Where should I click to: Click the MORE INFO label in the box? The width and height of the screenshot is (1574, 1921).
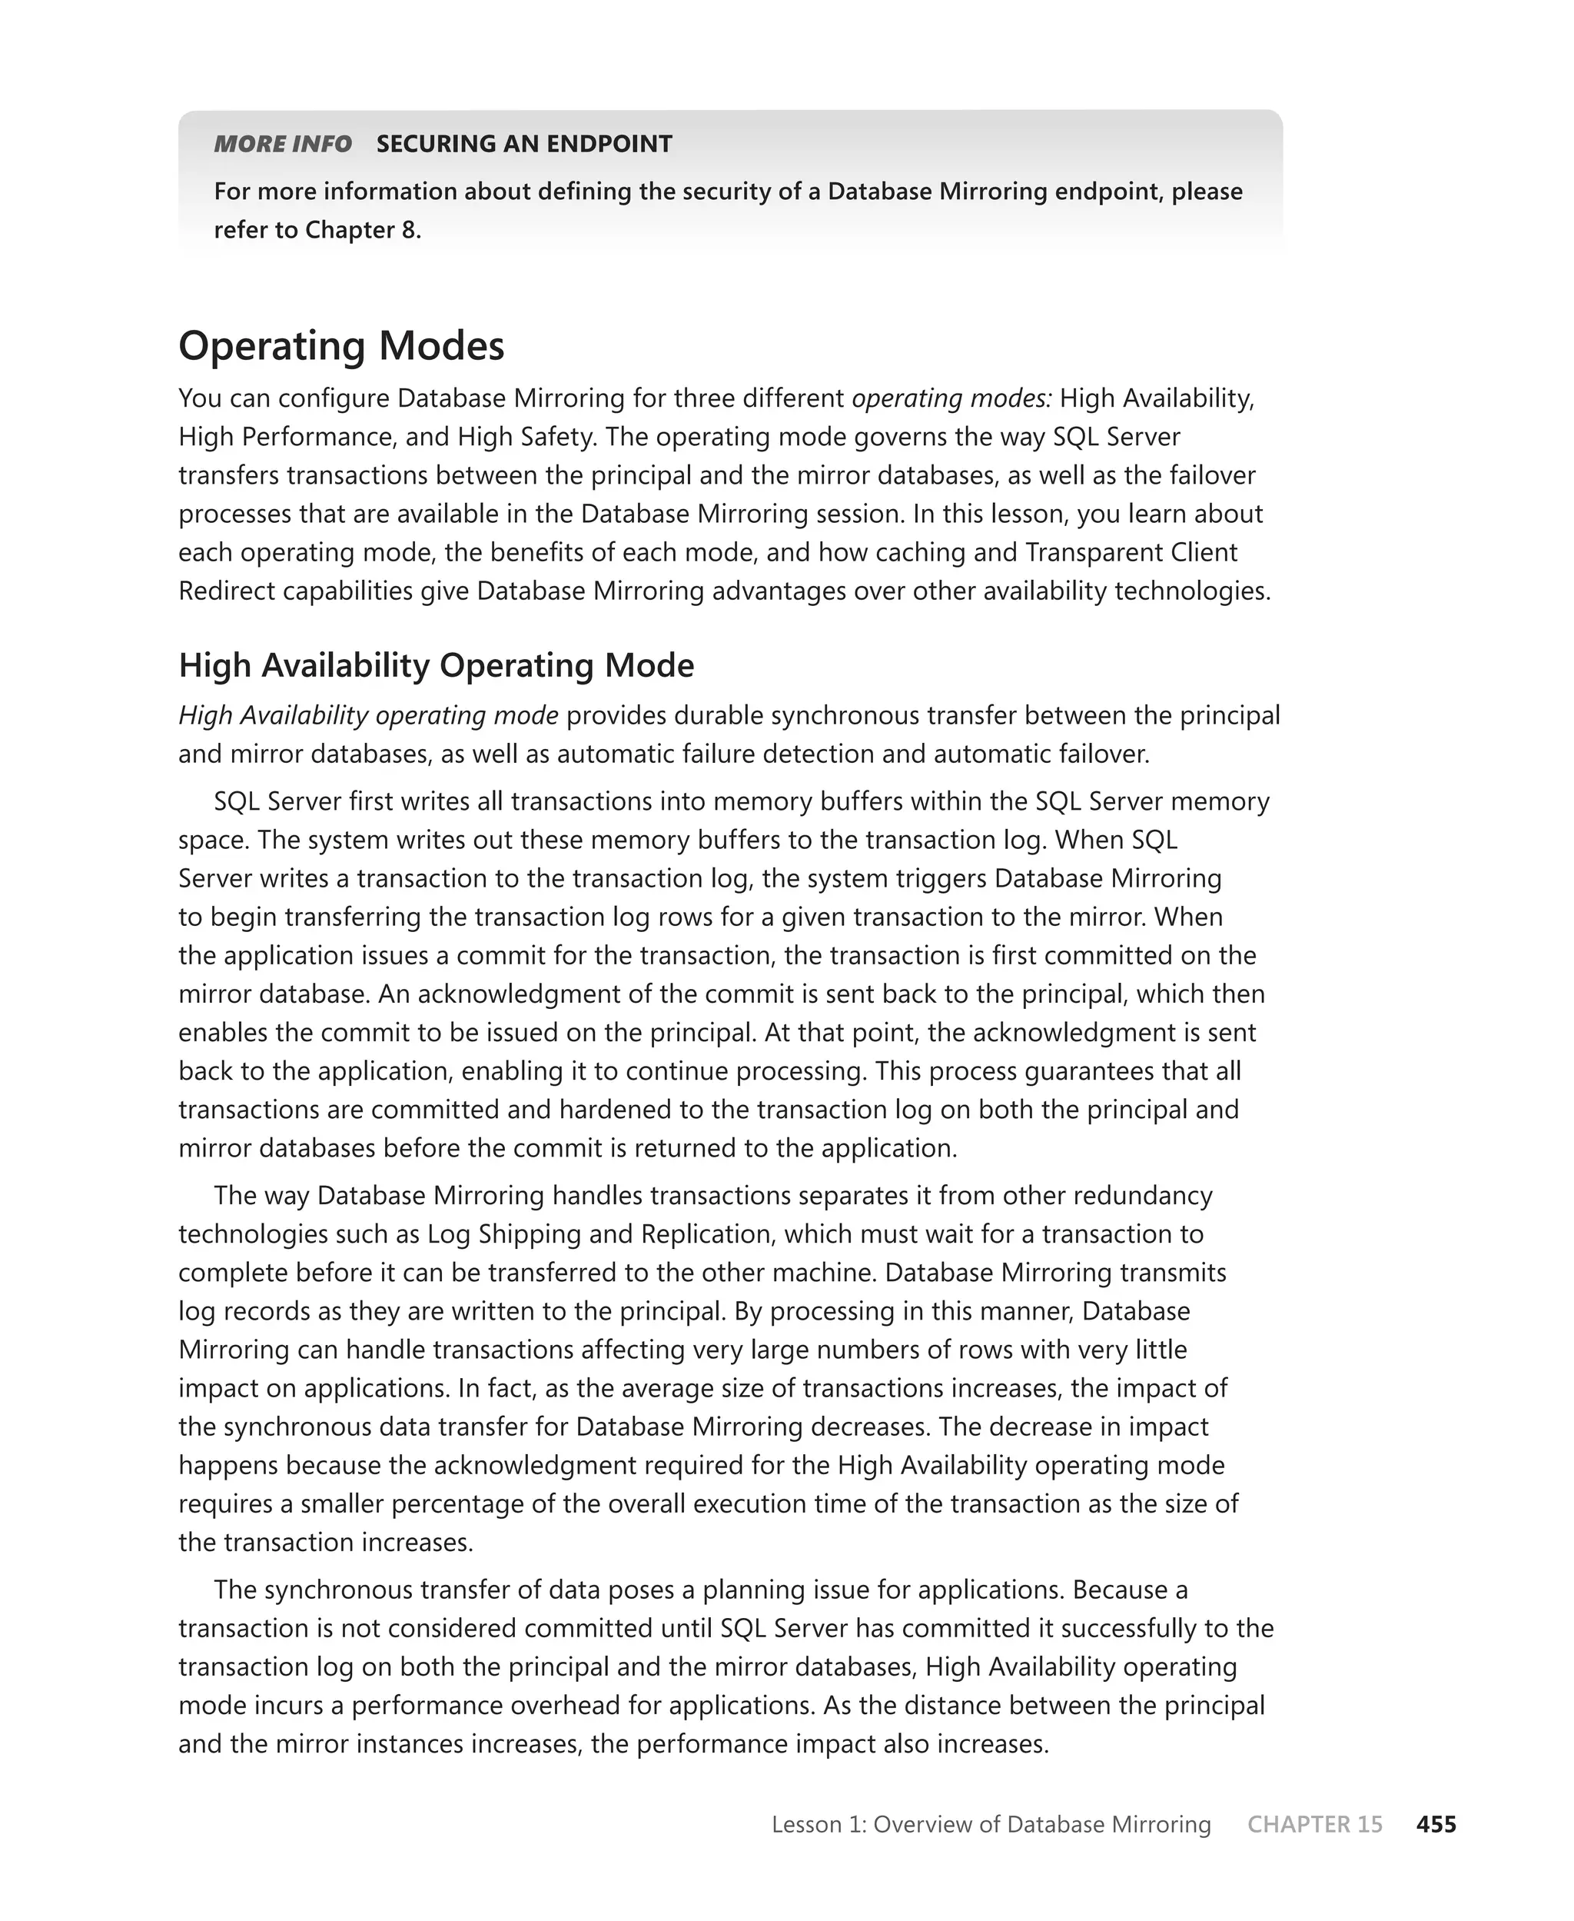coord(282,145)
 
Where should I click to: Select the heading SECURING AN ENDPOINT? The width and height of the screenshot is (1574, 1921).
coord(524,145)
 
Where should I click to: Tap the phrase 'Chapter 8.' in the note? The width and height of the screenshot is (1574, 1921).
coord(363,231)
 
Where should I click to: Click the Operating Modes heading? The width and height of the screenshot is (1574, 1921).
coord(341,347)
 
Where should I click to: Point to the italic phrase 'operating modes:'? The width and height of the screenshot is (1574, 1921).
coord(952,398)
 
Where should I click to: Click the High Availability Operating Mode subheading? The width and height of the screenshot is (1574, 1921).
coord(436,666)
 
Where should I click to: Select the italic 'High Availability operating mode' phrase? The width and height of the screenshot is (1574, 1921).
coord(368,716)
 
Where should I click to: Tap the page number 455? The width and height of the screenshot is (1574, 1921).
coord(1436,1824)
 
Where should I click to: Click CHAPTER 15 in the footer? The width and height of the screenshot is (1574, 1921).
coord(1315,1824)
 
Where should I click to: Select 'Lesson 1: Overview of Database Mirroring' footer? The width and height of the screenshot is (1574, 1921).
coord(991,1824)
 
